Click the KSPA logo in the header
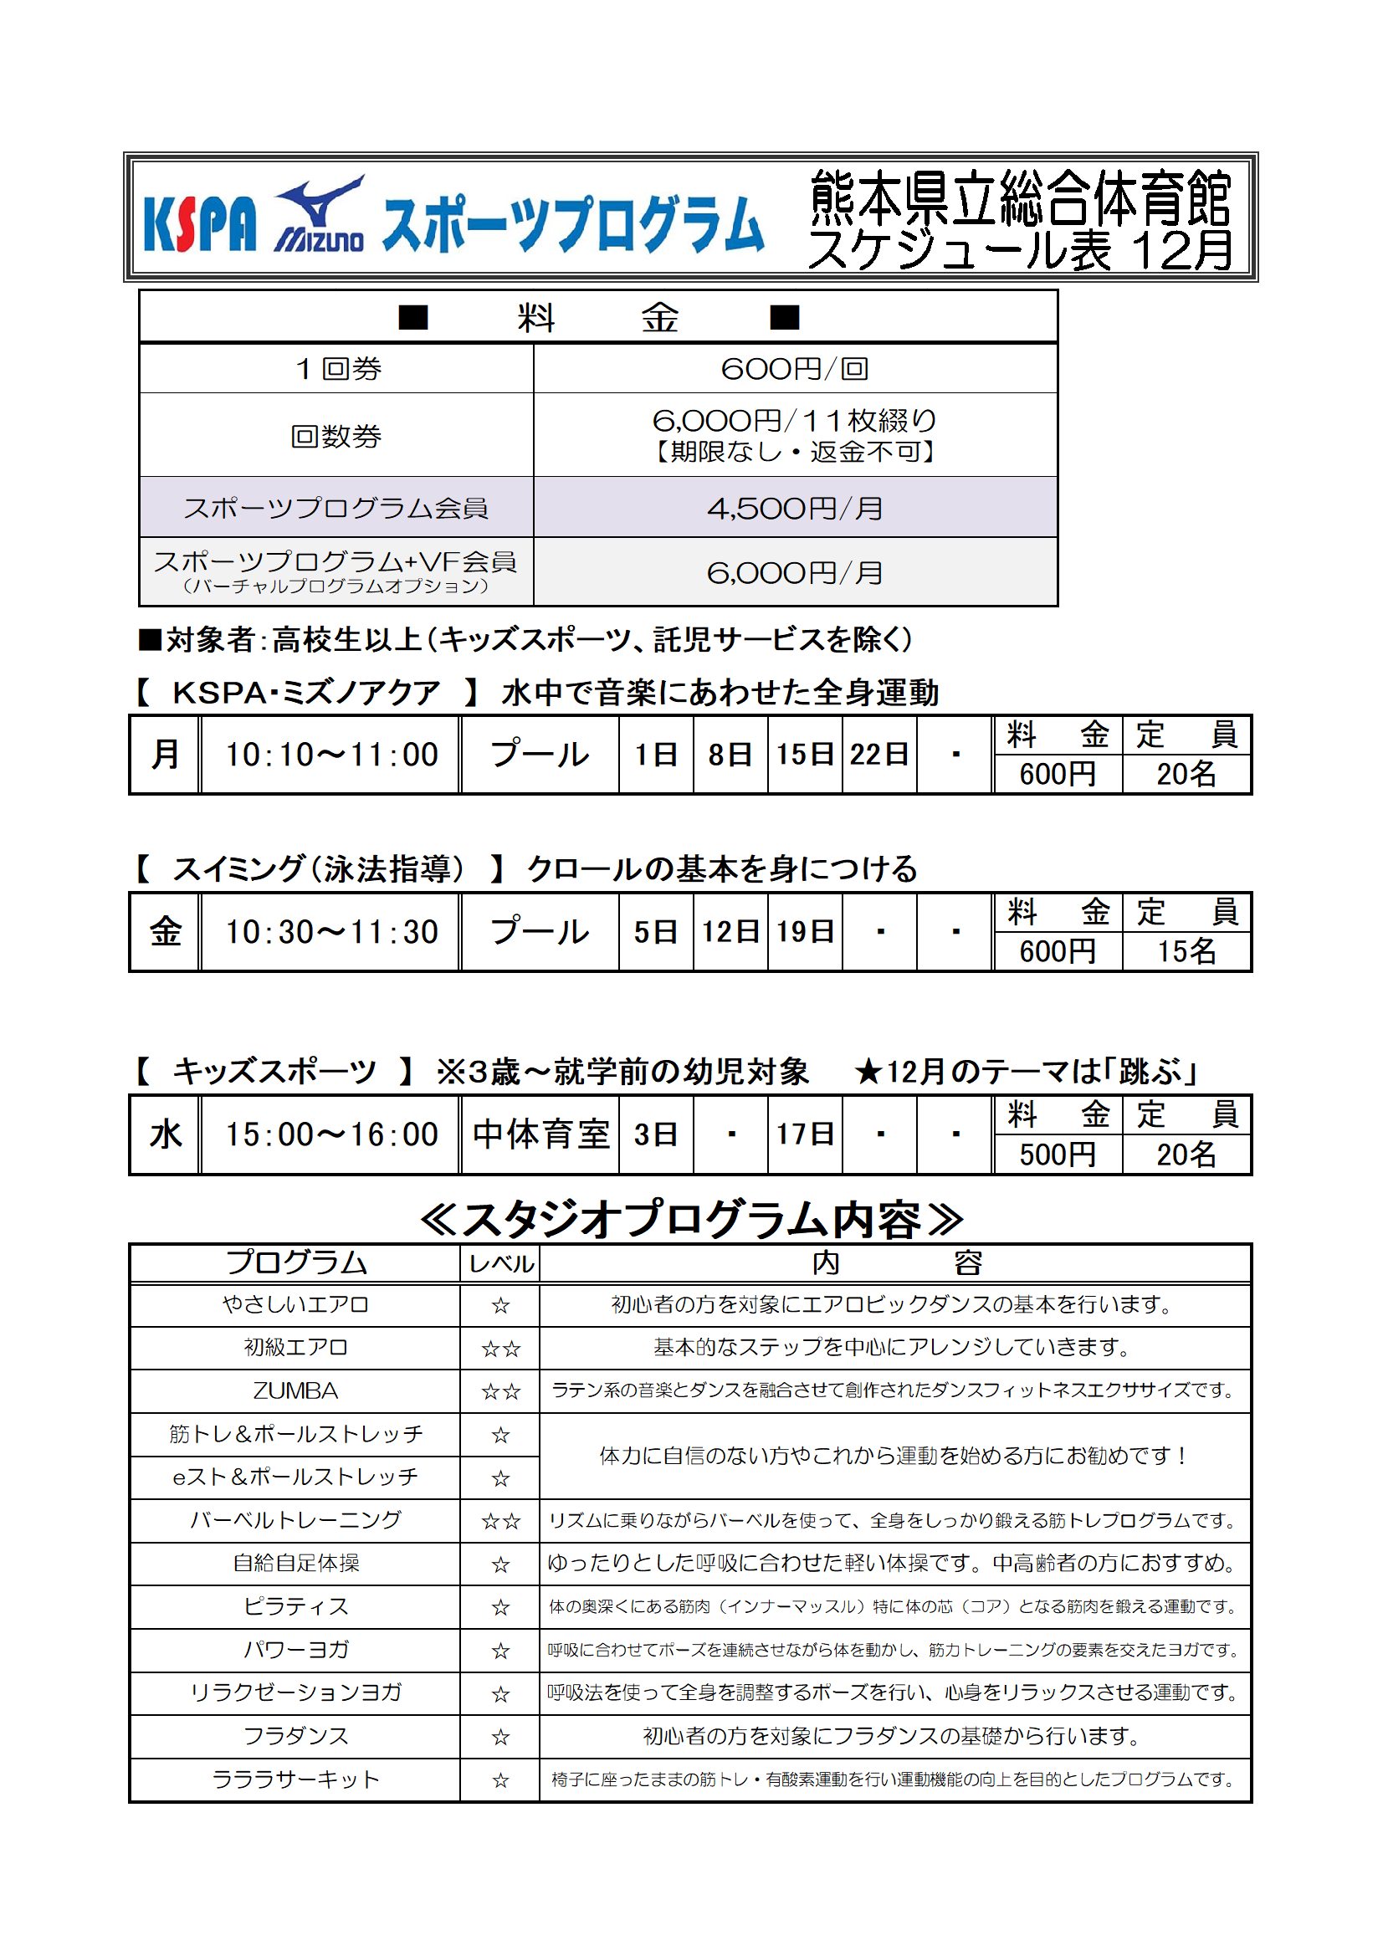tap(199, 224)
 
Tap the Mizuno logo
tap(320, 218)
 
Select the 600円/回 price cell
tap(794, 369)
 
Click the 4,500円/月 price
tap(794, 509)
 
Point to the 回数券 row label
tap(336, 436)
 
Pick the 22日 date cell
tap(878, 755)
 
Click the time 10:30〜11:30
tap(330, 932)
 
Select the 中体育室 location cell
tap(540, 1134)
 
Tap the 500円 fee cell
tap(1057, 1155)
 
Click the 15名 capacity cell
tap(1186, 951)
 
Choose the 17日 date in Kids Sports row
tap(804, 1134)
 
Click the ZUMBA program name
tap(295, 1391)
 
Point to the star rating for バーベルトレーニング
tap(500, 1522)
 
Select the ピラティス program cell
tap(295, 1606)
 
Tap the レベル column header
tap(500, 1264)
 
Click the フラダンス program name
tap(295, 1736)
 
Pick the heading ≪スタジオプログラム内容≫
tap(690, 1220)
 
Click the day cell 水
tap(166, 1134)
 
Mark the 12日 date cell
tap(730, 932)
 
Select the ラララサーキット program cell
tap(295, 1779)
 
